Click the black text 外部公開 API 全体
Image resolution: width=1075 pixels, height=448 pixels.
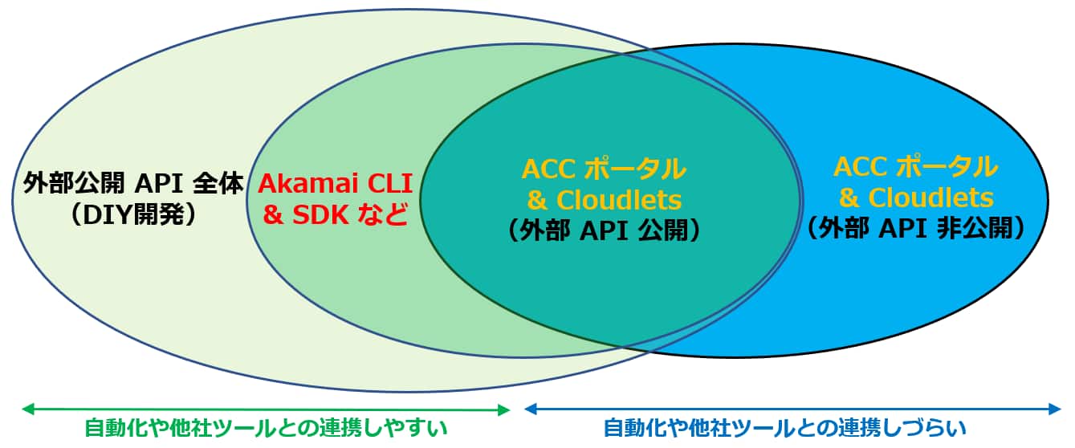(133, 183)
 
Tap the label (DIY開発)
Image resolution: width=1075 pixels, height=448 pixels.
(133, 214)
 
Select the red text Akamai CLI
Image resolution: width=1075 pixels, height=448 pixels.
(335, 183)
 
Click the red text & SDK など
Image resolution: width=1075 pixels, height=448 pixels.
(335, 214)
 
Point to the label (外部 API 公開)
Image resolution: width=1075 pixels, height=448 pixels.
(604, 230)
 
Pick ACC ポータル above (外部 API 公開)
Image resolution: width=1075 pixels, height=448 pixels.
(604, 169)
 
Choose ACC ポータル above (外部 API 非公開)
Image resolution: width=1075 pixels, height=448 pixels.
(916, 167)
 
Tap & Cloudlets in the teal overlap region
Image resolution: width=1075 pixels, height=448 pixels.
(604, 200)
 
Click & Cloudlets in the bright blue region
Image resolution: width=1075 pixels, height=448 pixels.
(916, 198)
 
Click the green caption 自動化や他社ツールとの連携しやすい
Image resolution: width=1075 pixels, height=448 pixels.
(266, 428)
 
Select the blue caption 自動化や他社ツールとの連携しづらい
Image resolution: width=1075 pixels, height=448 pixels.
(784, 428)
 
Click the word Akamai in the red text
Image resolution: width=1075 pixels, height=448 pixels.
(307, 183)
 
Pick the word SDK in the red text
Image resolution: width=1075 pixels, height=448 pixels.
(320, 214)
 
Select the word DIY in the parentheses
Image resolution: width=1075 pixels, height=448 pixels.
(108, 214)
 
